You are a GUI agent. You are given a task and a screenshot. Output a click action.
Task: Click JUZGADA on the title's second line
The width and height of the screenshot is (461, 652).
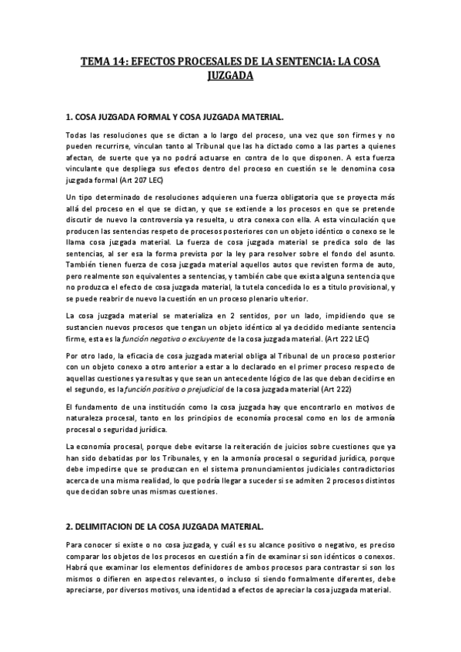tap(231, 76)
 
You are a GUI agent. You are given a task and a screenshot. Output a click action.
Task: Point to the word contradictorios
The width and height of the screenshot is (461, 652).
tap(356, 468)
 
